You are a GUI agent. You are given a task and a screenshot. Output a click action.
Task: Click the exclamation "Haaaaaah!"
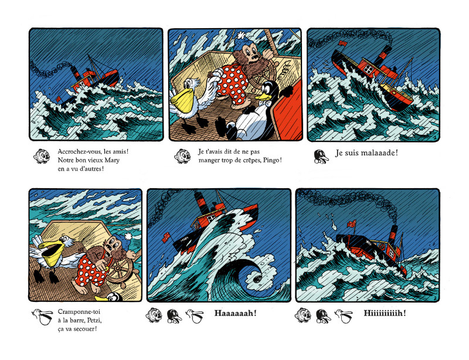(236, 313)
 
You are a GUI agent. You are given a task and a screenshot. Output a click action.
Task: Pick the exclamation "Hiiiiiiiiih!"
(385, 313)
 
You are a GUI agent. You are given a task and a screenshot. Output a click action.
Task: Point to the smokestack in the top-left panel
(74, 73)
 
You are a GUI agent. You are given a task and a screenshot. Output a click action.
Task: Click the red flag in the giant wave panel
(166, 237)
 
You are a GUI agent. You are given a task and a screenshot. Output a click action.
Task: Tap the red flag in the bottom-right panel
(351, 224)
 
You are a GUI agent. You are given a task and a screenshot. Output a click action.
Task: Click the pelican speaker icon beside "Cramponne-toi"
(42, 318)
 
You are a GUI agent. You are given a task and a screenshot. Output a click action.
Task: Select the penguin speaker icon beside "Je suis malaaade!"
(321, 157)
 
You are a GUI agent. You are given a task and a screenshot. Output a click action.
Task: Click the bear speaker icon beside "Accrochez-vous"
(41, 156)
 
